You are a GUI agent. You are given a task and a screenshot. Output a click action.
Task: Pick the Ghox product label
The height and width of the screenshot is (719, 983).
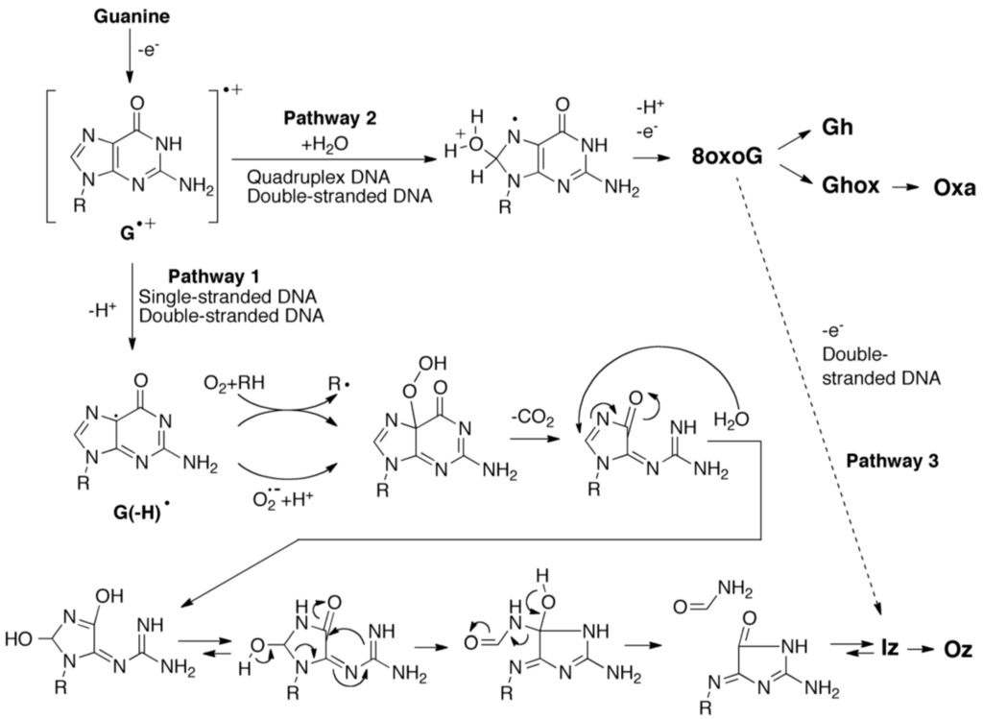[x=849, y=186]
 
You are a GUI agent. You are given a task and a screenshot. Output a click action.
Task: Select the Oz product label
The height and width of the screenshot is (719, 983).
[x=954, y=652]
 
